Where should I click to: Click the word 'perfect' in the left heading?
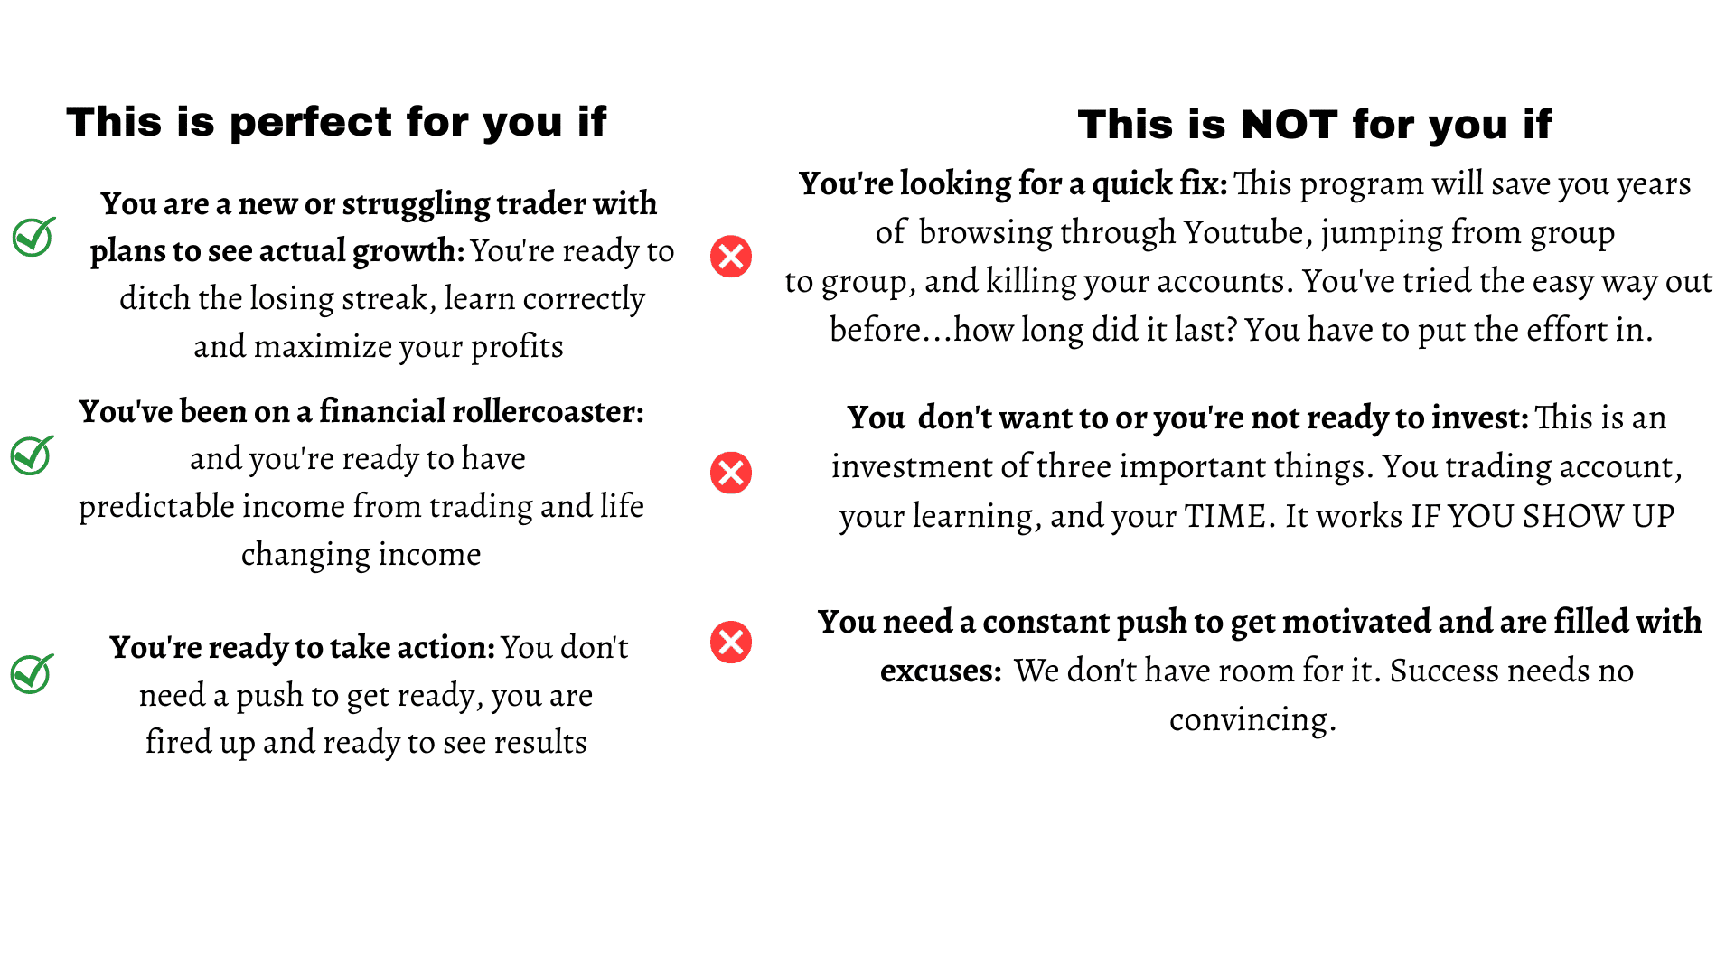point(311,122)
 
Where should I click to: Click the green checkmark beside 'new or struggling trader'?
point(33,237)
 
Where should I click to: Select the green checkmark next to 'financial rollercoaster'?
point(32,455)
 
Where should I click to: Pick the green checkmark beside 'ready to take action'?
point(32,674)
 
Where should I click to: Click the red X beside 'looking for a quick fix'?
point(731,256)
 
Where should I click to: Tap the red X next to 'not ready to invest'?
point(731,473)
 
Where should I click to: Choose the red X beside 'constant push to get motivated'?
point(731,643)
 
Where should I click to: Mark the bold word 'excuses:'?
point(941,671)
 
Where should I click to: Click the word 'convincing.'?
point(1252,720)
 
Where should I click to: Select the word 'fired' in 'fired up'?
point(178,742)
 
